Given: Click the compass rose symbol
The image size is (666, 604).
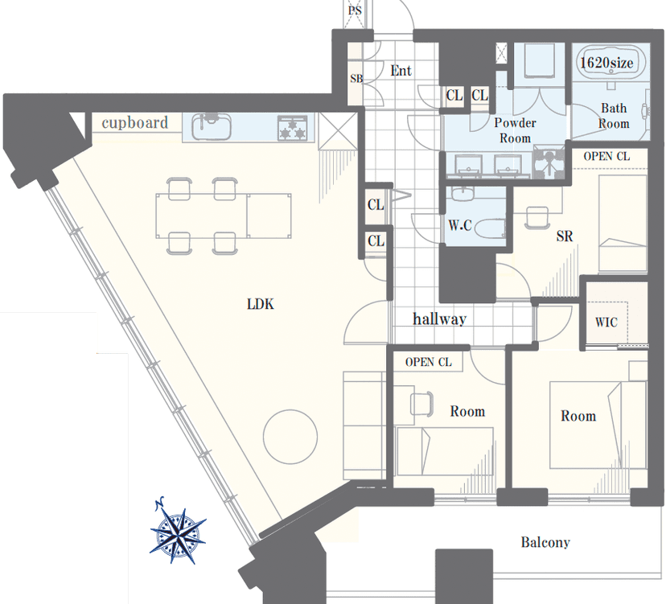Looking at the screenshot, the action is click(178, 532).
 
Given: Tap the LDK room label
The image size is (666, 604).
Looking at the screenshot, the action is click(261, 304).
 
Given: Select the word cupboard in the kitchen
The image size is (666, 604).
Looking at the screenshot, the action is click(135, 123).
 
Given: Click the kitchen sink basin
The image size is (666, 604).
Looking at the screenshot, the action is click(211, 126).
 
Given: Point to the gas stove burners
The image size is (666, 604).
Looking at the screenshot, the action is click(292, 128).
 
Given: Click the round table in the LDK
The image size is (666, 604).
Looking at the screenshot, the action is click(290, 437).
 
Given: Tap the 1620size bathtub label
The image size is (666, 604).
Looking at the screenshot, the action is click(606, 63).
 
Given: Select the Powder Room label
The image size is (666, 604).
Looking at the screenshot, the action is click(515, 130).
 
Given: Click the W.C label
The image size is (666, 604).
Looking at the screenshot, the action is click(460, 224).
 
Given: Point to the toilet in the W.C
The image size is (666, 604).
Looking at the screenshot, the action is click(489, 229).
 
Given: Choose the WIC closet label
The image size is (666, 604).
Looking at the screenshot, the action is click(606, 322).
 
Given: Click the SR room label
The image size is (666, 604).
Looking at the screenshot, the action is click(565, 236).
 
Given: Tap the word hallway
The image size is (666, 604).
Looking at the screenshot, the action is click(440, 318).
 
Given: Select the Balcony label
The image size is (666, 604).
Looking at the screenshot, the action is click(545, 542).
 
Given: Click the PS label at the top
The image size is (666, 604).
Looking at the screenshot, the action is click(355, 10).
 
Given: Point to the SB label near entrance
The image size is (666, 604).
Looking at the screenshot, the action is click(356, 79).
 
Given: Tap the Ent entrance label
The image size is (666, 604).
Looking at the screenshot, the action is click(401, 71).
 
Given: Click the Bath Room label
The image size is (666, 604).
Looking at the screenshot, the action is click(614, 116).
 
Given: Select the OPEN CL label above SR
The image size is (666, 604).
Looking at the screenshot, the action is click(606, 156).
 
